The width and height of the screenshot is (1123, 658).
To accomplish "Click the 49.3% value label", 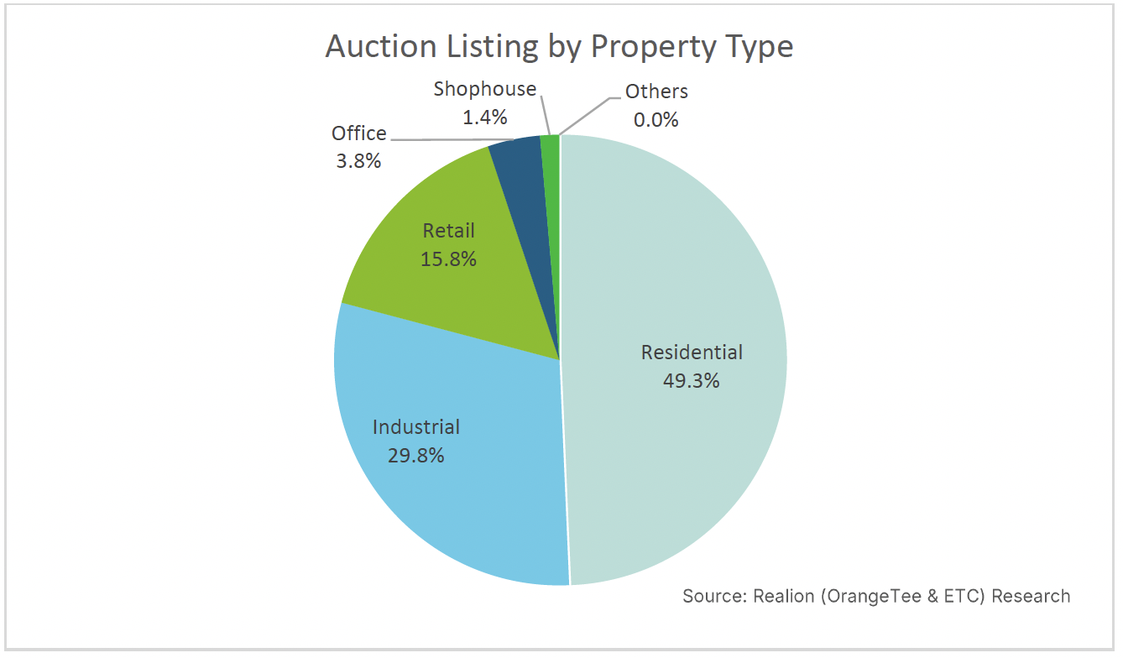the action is pos(692,381).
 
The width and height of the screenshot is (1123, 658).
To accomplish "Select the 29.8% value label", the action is pos(415,456).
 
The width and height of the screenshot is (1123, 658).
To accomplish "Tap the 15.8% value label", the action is pos(448,259).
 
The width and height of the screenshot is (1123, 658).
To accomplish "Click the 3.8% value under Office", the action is pos(358,161).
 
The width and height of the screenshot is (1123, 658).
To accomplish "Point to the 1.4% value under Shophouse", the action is pos(485,117).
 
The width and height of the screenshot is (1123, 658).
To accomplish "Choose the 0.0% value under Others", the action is pos(656,120).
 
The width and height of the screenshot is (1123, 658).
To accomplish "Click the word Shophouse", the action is pos(485,89).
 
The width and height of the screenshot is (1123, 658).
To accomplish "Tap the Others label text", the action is pos(656,91).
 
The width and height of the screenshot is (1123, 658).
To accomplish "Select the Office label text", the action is pos(359,133).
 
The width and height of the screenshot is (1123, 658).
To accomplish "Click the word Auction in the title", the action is pos(382,47).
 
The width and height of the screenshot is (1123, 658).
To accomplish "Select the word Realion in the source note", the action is pos(784,596).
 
